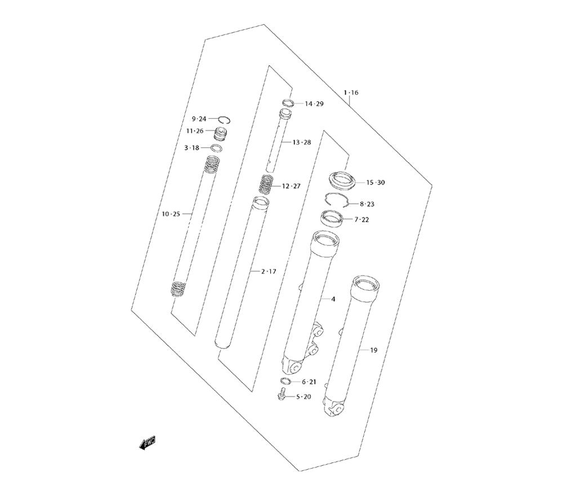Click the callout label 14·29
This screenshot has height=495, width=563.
314,104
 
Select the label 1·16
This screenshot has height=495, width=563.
351,93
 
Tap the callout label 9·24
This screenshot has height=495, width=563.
199,119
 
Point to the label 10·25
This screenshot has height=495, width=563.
171,214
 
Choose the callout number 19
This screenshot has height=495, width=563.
374,350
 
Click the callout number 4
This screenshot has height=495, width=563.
333,299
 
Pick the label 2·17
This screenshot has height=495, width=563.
269,272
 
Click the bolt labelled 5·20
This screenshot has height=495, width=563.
281,395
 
